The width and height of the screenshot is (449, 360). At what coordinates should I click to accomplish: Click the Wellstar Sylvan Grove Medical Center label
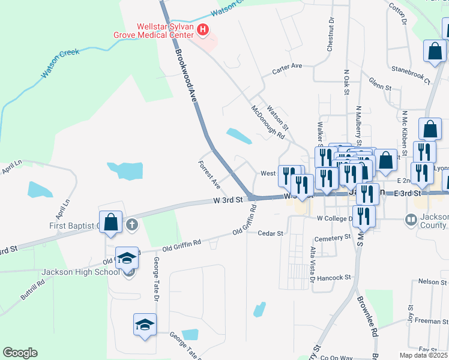tap(155, 31)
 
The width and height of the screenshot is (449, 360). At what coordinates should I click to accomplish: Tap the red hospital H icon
tap(203, 29)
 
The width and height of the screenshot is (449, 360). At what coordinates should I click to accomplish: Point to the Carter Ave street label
tap(286, 67)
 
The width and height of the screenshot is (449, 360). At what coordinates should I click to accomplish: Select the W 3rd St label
tap(229, 199)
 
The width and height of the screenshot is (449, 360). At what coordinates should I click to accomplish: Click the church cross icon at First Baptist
tap(132, 226)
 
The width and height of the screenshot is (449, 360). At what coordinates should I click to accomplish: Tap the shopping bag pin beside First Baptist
tap(111, 222)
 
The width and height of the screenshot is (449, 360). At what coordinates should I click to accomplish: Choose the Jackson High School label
tap(82, 272)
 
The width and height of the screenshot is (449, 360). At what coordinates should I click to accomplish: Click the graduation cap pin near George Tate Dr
tap(144, 326)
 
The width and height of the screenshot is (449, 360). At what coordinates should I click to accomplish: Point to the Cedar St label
tap(270, 233)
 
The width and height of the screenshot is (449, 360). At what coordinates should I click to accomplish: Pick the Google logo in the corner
tap(20, 353)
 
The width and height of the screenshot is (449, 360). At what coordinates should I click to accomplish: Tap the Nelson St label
tap(429, 281)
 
